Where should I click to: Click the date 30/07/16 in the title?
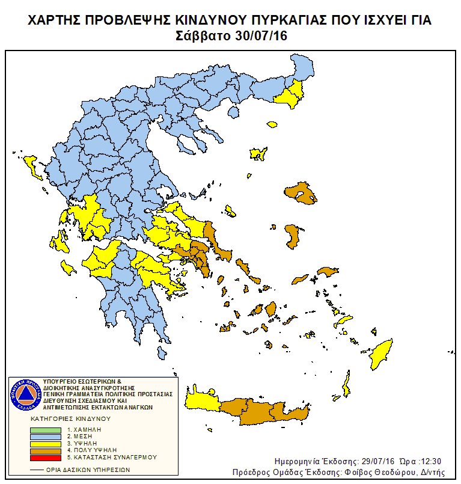(261, 36)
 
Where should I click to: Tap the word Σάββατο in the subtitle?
(204, 36)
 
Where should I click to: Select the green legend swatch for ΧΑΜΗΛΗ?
(46, 429)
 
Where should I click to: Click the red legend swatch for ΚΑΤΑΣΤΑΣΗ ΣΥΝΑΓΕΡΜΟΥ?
(46, 457)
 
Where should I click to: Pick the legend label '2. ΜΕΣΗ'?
(82, 436)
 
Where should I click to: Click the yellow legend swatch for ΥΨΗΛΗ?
(46, 443)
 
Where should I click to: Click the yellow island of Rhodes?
(381, 355)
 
